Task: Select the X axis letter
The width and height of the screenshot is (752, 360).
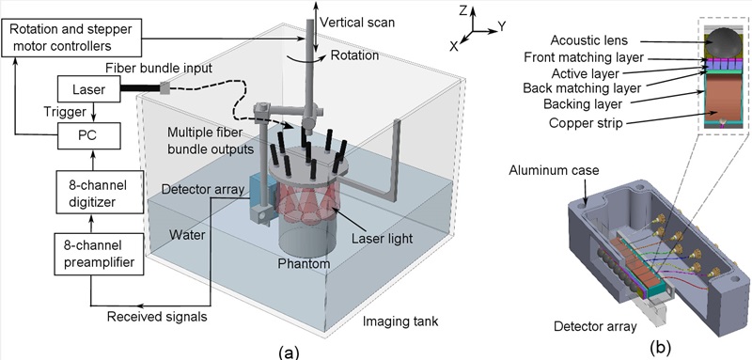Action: (x=455, y=46)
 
